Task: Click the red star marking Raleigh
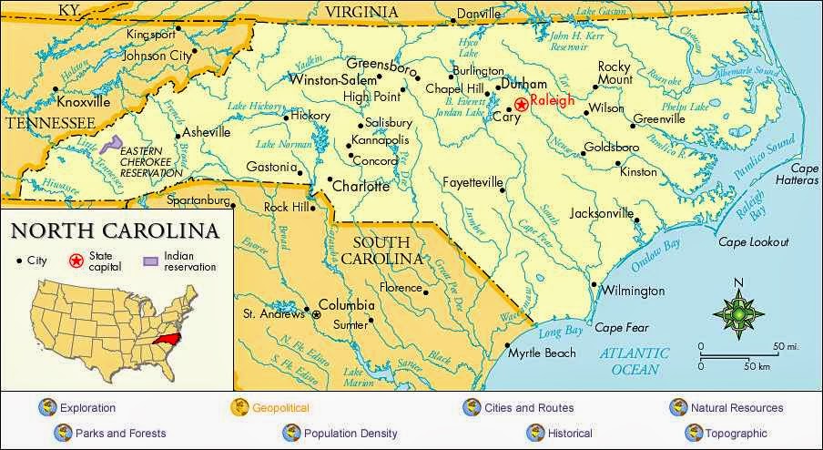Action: pos(521,105)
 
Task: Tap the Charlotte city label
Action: pos(361,187)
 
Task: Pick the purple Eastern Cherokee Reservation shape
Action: pos(112,144)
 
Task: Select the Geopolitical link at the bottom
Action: pos(280,408)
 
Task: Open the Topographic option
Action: pos(728,434)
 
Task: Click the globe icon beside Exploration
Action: pos(46,407)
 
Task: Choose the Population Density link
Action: pos(351,434)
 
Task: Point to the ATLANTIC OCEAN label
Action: pos(635,361)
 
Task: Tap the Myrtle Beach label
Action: pos(542,353)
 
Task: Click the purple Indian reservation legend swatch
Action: pos(150,261)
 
